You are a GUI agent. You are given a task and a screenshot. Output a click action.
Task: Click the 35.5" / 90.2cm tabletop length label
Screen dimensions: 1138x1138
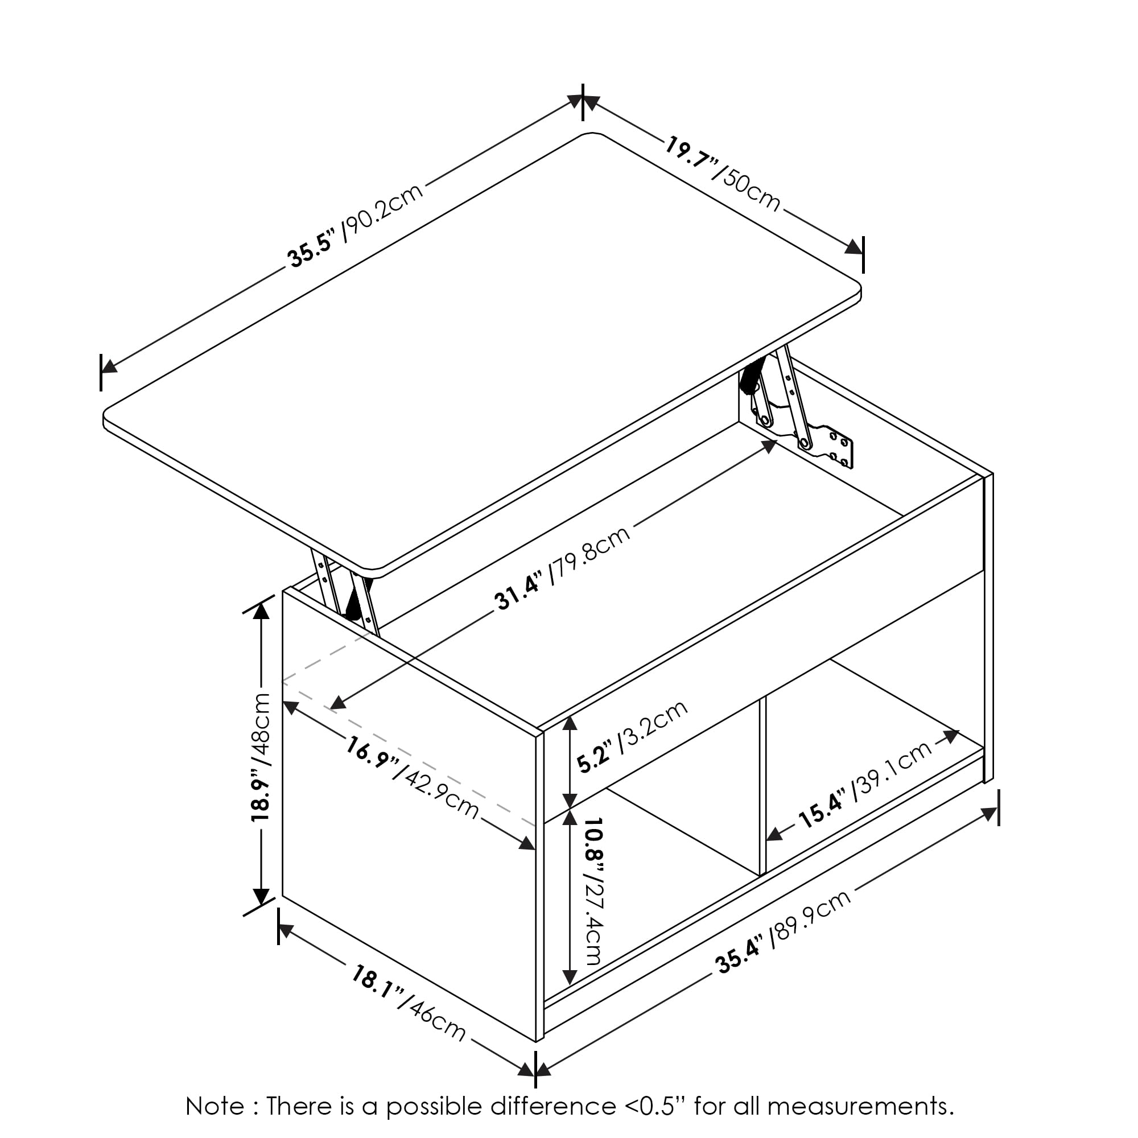click(355, 226)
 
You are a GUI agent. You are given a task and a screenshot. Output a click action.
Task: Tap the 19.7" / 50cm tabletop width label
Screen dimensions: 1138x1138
click(723, 174)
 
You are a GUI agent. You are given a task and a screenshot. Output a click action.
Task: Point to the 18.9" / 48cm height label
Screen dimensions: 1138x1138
click(260, 757)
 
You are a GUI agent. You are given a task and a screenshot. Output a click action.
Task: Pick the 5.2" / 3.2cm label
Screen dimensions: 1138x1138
click(632, 736)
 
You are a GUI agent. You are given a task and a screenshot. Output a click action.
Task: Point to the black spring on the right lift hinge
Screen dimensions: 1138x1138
click(752, 377)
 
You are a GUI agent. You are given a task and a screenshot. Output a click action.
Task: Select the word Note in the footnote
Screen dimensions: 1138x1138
click(215, 1106)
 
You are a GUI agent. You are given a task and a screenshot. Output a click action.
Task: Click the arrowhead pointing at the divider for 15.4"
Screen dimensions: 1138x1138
click(774, 834)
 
